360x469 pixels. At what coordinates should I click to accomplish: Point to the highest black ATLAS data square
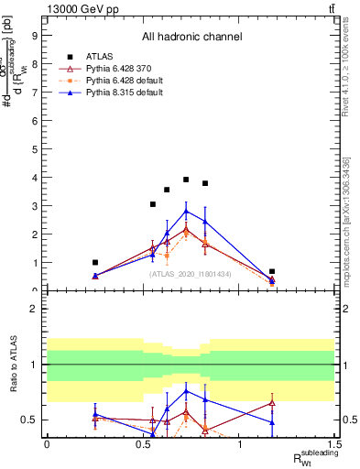[x=186, y=180]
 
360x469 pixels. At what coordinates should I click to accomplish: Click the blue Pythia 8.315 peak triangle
[x=186, y=211]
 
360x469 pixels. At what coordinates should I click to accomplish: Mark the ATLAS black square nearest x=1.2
[x=272, y=271]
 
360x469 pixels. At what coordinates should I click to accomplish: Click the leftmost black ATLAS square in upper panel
[x=95, y=262]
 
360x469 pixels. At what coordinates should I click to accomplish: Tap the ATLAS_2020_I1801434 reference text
[x=191, y=274]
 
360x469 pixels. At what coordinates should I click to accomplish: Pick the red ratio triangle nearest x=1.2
[x=272, y=403]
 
